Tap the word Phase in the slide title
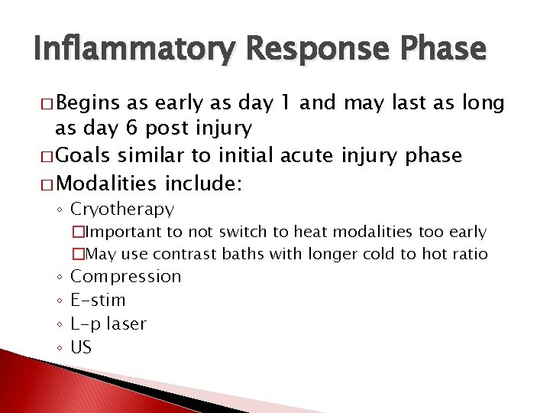point(445,49)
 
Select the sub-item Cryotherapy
point(122,209)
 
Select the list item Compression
point(126,276)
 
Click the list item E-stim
point(98,300)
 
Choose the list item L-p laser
point(108,324)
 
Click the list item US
point(81,347)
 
